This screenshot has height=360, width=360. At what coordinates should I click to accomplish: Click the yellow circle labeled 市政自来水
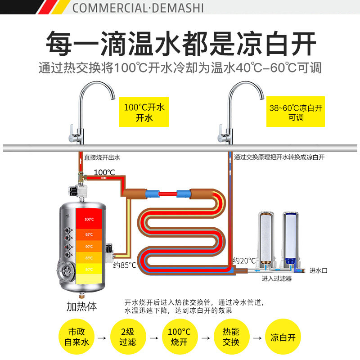76,337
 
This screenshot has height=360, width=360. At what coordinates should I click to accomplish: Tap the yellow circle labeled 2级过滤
128,337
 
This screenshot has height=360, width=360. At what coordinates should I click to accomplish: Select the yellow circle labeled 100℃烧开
179,337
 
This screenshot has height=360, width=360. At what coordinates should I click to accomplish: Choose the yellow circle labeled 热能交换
231,337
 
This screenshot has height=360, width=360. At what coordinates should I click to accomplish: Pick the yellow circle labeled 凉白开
283,337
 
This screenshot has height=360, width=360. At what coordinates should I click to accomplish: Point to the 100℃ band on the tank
90,219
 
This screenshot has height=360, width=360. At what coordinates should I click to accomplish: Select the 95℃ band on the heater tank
90,234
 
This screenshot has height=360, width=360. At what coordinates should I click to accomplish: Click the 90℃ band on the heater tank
90,246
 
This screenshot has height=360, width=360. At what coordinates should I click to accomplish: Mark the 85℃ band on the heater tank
90,257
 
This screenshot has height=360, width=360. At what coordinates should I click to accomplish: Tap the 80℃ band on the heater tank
90,269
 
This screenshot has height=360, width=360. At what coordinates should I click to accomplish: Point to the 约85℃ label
125,265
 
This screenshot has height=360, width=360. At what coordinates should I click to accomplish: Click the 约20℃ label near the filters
244,261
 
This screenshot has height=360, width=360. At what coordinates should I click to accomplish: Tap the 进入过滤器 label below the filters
277,279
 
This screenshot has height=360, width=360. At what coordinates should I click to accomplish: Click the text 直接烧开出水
102,157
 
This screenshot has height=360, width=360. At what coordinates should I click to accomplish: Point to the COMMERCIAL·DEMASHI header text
138,8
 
